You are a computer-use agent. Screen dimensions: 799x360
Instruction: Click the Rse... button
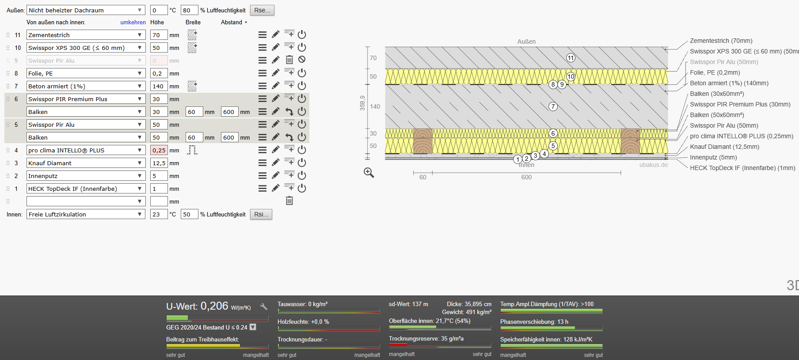click(x=262, y=10)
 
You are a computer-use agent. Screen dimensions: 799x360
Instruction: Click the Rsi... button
click(x=261, y=214)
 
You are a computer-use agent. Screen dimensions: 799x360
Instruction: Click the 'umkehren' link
click(x=133, y=22)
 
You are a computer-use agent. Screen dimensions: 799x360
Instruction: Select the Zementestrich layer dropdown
click(x=86, y=35)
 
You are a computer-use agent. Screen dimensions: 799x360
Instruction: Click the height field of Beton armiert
click(x=159, y=86)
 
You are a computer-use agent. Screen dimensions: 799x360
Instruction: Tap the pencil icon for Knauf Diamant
click(x=276, y=163)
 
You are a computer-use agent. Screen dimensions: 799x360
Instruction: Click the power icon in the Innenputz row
click(x=302, y=175)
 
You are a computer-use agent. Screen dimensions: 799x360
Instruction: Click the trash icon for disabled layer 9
click(x=289, y=60)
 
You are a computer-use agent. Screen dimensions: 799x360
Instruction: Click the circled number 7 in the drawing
click(x=553, y=106)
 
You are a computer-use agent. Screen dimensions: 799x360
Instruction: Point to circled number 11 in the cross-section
click(x=571, y=58)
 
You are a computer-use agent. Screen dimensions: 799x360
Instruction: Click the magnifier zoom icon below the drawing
click(x=369, y=173)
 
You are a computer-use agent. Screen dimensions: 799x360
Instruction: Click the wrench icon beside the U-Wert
click(x=264, y=307)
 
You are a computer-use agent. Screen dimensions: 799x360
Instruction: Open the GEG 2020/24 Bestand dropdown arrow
click(x=253, y=327)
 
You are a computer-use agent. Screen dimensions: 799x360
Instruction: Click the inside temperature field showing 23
click(x=159, y=214)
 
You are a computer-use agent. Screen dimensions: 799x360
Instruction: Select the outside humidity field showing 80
click(x=189, y=10)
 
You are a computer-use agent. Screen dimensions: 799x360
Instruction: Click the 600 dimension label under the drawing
click(x=526, y=177)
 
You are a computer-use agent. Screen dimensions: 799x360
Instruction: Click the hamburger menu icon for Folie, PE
click(x=263, y=73)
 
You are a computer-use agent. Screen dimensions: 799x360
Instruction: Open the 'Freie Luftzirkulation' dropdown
click(x=86, y=214)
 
